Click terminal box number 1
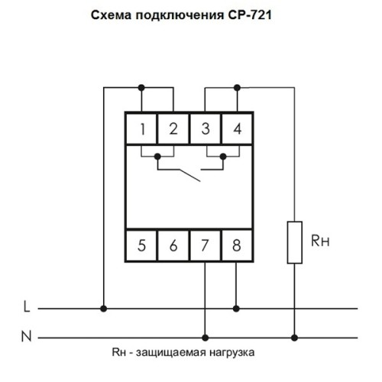(141, 128)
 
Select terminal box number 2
(173, 128)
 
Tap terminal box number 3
(206, 128)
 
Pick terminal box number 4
(237, 128)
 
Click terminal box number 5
(141, 245)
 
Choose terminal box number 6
(173, 245)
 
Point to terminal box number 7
(206, 245)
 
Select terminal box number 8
(237, 245)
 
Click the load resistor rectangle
(295, 242)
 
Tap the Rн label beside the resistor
(320, 241)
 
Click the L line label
(27, 306)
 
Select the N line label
(27, 336)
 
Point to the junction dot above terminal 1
(141, 88)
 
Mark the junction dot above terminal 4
(237, 88)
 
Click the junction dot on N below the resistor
(294, 338)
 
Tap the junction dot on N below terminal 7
(206, 338)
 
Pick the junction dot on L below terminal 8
(236, 309)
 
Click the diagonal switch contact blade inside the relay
(190, 176)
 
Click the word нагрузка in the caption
(232, 353)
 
